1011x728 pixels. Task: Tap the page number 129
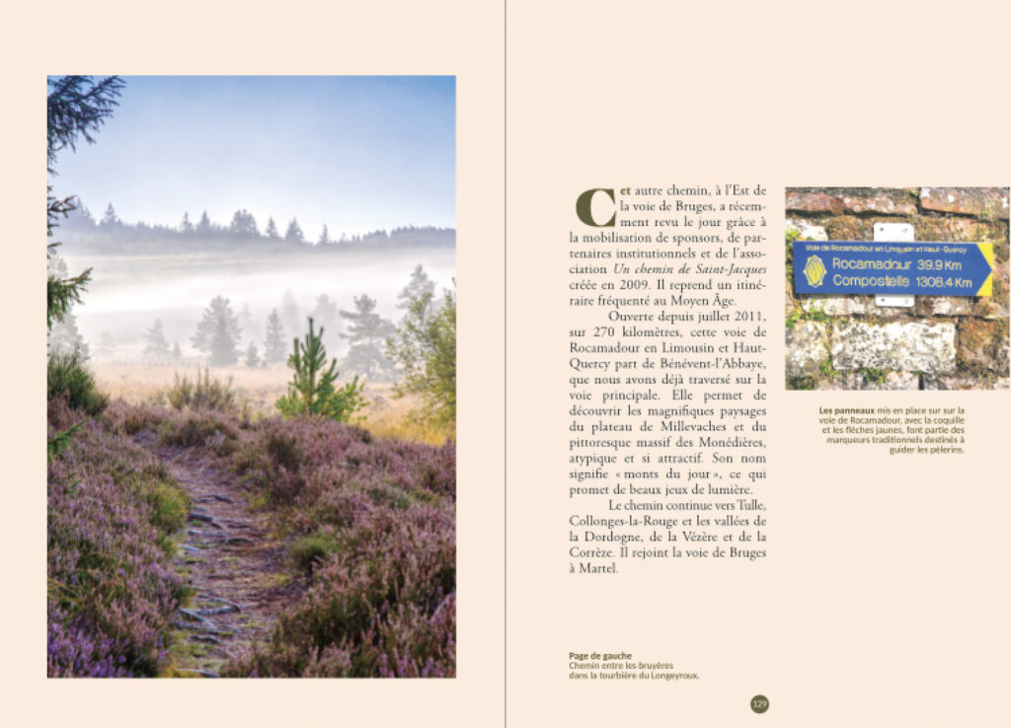(759, 704)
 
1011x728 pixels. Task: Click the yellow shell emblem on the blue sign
(815, 271)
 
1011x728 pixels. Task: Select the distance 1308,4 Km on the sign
(944, 282)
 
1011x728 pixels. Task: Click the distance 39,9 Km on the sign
(943, 264)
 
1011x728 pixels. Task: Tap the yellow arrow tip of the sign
(985, 268)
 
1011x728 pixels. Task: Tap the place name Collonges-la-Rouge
(631, 521)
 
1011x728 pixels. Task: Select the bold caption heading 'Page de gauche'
(600, 656)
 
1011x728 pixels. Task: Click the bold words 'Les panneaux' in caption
(842, 410)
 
